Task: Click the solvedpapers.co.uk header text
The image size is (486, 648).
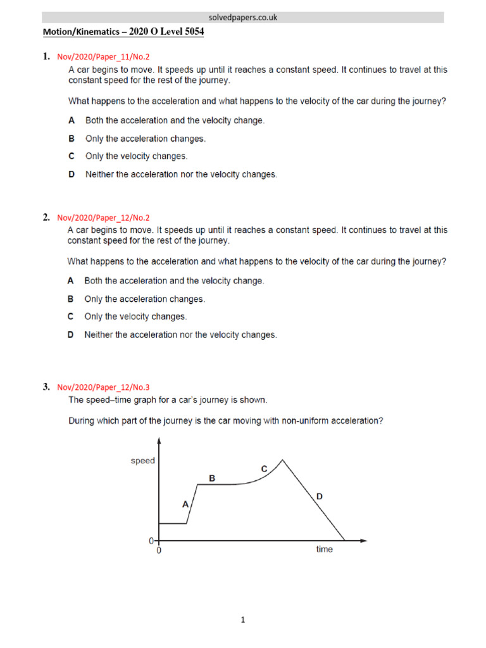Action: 243,18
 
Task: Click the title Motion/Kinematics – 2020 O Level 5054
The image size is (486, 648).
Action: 123,32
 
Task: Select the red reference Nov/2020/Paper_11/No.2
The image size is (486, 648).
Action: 103,57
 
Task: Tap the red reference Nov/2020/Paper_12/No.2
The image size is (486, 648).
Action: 103,218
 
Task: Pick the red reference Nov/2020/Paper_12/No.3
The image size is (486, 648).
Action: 103,387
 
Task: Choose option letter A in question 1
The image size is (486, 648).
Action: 72,120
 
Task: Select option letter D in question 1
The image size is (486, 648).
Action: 72,174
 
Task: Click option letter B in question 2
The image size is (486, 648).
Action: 71,299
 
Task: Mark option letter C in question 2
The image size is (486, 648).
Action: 71,316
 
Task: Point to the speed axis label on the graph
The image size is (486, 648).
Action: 142,461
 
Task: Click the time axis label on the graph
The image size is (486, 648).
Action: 324,550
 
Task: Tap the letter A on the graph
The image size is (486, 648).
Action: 185,504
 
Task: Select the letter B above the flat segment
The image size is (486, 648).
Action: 213,479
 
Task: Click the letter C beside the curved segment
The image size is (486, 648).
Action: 265,469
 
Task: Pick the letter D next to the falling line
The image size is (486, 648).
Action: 320,497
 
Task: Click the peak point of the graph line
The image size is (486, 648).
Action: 282,459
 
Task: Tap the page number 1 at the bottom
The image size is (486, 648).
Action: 243,620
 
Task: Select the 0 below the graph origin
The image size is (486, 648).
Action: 159,551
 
